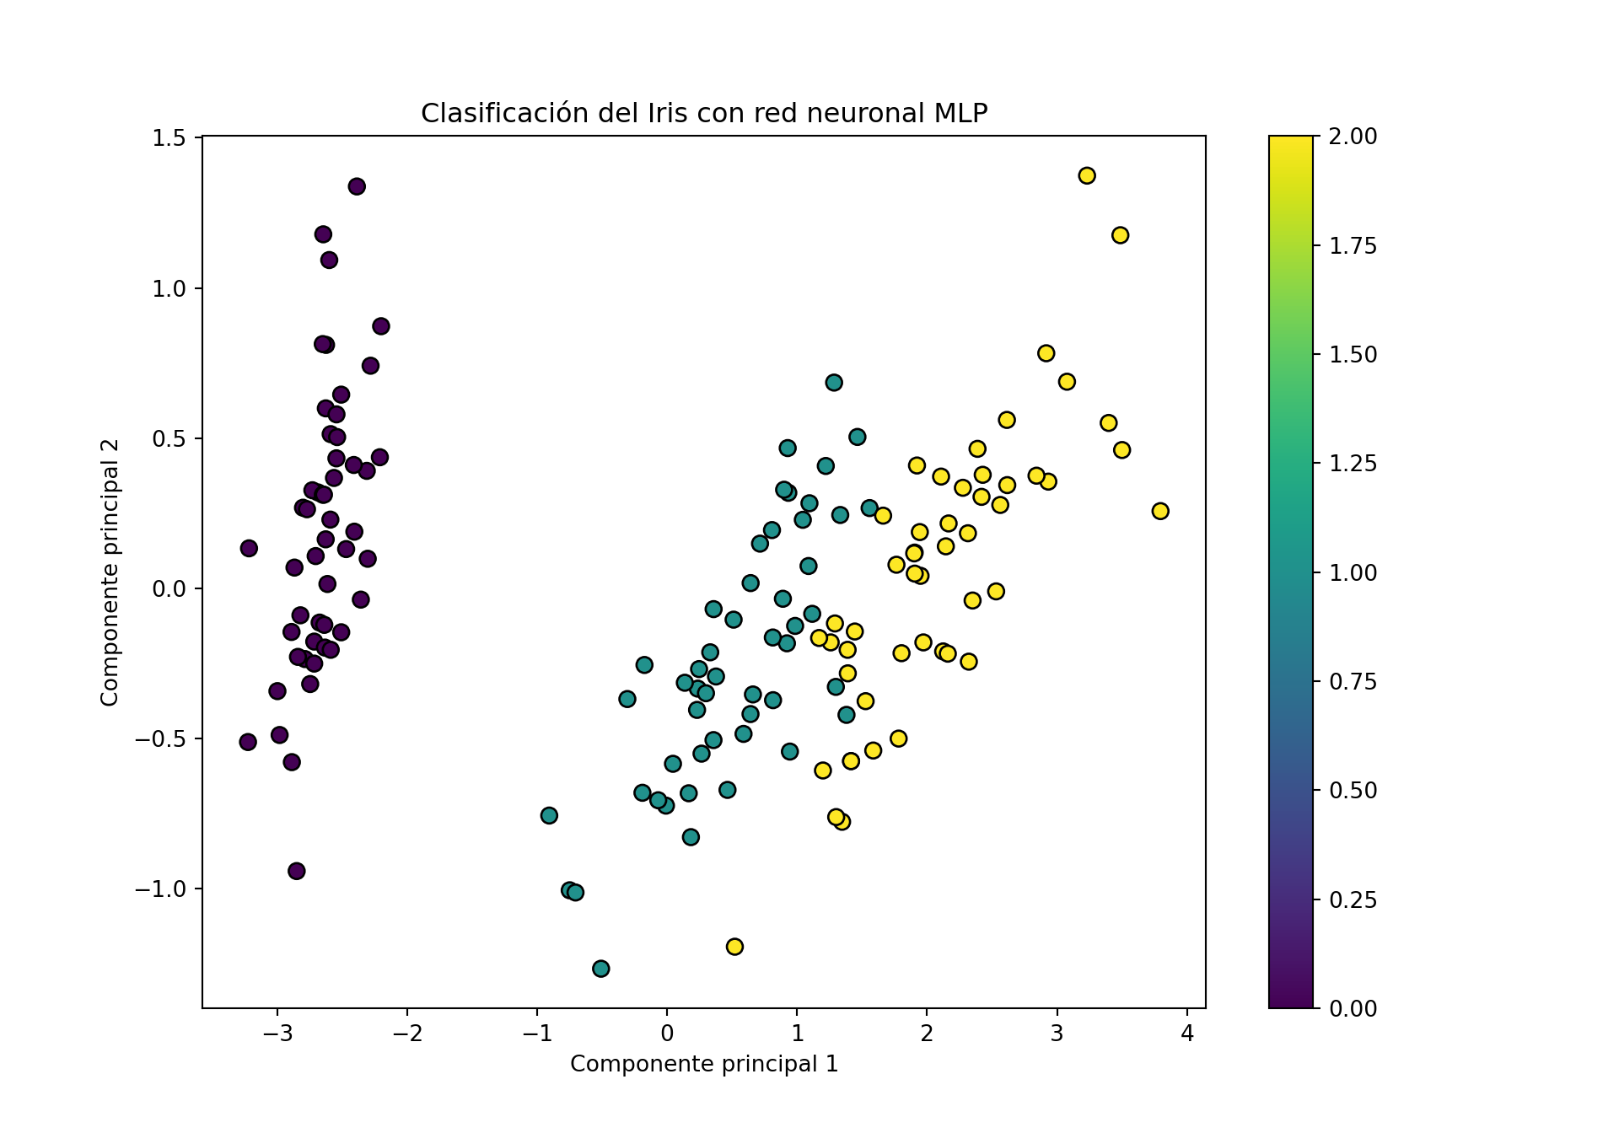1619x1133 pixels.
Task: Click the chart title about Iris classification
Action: pos(703,113)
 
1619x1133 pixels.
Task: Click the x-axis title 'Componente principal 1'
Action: pos(703,1064)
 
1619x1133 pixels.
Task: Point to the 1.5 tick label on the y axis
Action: pos(169,137)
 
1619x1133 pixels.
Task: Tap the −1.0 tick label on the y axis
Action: pos(161,889)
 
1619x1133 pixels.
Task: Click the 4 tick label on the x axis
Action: pos(1187,1033)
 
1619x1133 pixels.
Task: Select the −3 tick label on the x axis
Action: pos(277,1033)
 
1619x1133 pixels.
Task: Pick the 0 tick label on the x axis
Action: pos(667,1033)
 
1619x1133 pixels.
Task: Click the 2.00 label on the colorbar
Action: pos(1353,137)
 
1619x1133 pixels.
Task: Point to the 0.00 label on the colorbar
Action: pos(1353,1008)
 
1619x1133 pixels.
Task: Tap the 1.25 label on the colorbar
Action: pos(1353,463)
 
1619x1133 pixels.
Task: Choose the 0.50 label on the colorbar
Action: pos(1353,790)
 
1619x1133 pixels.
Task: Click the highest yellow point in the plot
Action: pos(1087,175)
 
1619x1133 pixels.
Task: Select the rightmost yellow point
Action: pos(1160,511)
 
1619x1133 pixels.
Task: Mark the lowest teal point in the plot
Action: pos(600,969)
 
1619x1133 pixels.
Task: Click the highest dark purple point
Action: pos(357,186)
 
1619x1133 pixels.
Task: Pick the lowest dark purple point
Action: pos(296,871)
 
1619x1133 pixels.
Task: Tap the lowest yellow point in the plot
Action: pos(734,947)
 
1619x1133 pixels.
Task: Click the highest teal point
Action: pos(834,383)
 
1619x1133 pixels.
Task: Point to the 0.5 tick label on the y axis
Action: pos(169,438)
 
